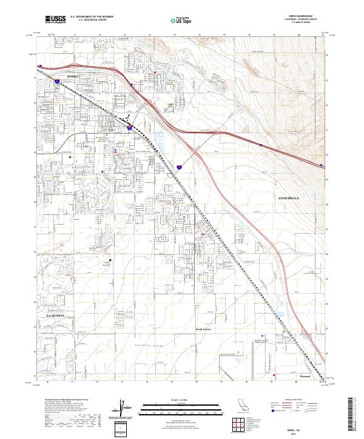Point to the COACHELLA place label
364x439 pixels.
tap(289, 198)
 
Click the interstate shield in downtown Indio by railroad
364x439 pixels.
tap(130, 128)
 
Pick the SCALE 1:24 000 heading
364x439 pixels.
tap(181, 398)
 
